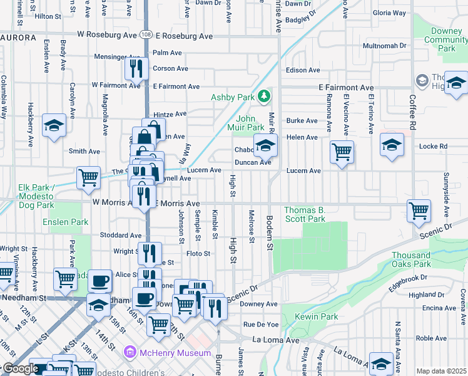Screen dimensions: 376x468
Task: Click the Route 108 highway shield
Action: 145,35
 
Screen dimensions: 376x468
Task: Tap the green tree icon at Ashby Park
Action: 265,96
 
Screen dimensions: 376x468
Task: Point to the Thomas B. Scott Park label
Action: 305,214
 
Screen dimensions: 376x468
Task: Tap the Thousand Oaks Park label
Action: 411,259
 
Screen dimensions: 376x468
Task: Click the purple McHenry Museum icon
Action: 130,353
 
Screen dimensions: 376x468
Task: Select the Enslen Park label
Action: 65,222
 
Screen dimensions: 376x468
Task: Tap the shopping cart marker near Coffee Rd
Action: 419,210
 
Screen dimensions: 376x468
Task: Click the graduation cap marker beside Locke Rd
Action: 392,145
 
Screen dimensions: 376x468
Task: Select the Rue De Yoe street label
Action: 260,324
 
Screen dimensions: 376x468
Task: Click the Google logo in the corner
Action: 20,368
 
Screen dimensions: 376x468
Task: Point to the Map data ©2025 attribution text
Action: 440,371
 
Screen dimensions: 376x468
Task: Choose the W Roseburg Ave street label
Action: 106,35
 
